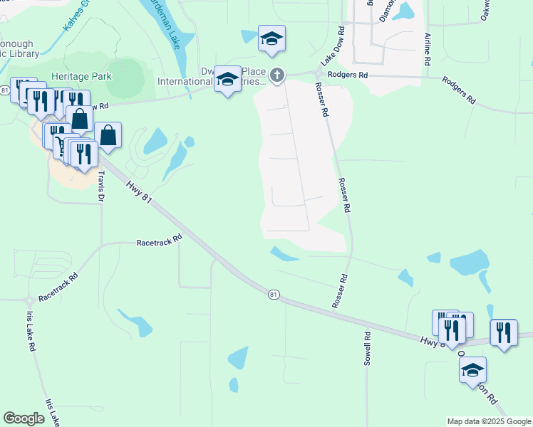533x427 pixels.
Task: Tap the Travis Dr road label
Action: [103, 182]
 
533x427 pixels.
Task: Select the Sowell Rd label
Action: [368, 349]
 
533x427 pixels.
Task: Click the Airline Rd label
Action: [428, 49]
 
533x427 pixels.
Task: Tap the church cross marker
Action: [277, 75]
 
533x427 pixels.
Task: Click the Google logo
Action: [24, 418]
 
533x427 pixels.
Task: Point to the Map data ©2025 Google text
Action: [490, 421]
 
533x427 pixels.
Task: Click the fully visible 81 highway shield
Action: [274, 294]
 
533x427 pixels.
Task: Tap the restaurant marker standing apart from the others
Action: [504, 332]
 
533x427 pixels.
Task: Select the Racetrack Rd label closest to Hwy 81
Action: [160, 242]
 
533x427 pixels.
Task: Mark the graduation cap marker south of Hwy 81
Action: [472, 369]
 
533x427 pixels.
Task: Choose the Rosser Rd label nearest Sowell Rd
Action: [340, 291]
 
